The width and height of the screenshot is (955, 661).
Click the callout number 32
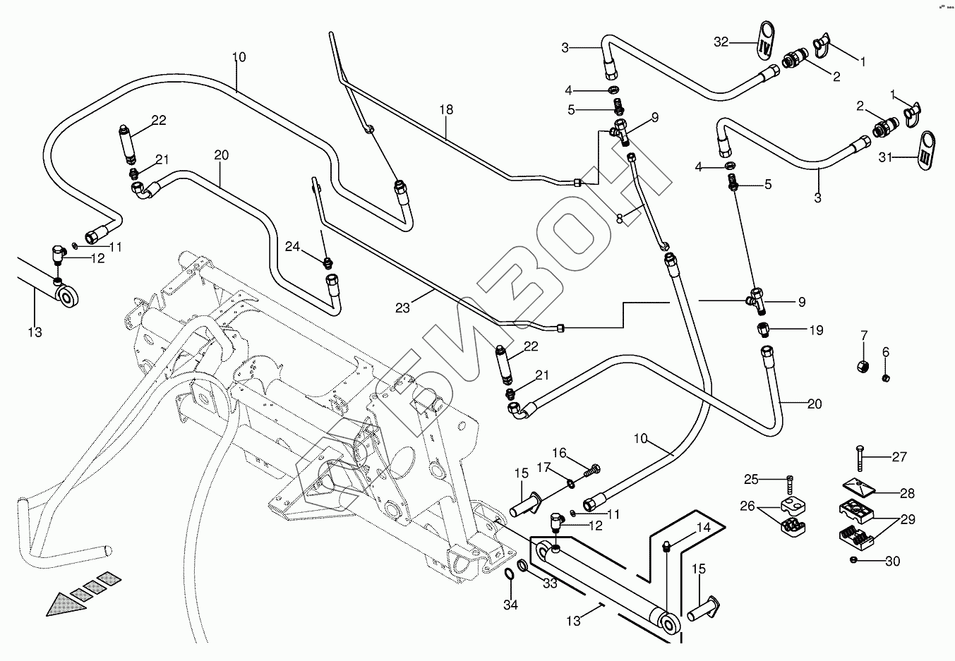[721, 42]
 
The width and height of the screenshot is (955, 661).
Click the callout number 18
[445, 110]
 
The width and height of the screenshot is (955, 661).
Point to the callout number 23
[402, 308]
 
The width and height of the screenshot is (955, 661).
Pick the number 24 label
[293, 246]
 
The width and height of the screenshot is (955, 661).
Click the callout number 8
[619, 219]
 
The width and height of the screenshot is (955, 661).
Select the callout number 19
[816, 329]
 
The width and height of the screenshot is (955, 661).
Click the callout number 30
[893, 562]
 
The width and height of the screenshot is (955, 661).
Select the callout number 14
[703, 527]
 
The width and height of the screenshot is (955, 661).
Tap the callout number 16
[559, 452]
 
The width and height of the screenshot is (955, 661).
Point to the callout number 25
[750, 480]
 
